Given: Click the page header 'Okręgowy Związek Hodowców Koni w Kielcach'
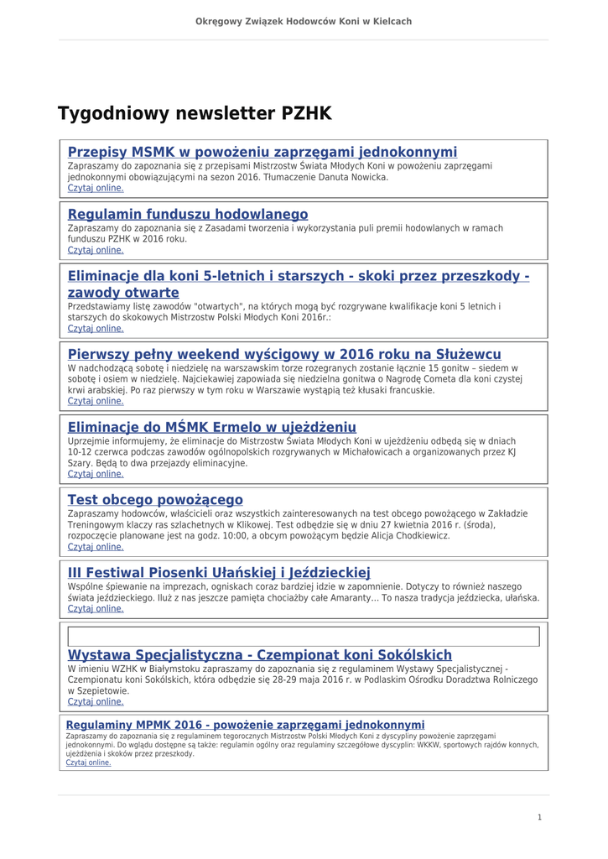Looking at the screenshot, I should (304, 21).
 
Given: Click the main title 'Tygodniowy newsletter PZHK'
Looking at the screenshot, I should (195, 113).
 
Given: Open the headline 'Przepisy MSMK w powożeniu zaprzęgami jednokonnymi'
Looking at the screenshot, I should (262, 152).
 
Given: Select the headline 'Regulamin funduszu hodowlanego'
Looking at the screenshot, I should (187, 214).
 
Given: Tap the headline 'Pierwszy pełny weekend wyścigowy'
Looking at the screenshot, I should (284, 354).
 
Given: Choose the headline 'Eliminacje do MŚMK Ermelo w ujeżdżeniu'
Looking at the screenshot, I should (211, 427).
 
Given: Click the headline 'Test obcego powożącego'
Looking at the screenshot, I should (155, 500).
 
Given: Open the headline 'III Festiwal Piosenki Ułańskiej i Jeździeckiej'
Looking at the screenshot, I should (218, 573).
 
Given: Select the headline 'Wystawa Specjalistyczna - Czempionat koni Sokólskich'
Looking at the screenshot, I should (259, 654).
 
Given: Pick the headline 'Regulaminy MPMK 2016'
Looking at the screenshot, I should (245, 725).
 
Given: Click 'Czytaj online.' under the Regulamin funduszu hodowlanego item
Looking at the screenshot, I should (96, 250).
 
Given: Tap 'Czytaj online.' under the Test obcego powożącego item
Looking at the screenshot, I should (96, 547).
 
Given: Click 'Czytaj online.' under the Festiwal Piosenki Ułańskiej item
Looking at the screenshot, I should (96, 609).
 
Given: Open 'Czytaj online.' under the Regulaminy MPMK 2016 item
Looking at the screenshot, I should (88, 763).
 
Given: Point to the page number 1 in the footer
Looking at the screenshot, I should (540, 817).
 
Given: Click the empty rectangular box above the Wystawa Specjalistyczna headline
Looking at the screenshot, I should (303, 637).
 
